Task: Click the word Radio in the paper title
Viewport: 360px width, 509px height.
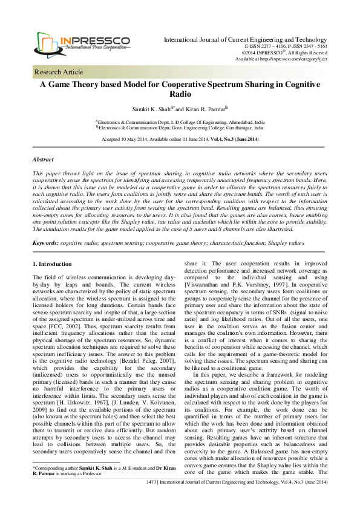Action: (180, 95)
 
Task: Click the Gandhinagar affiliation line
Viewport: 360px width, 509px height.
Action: (180, 128)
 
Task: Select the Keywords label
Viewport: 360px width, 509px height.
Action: (45, 242)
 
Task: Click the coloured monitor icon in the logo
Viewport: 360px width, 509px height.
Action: (50, 42)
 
